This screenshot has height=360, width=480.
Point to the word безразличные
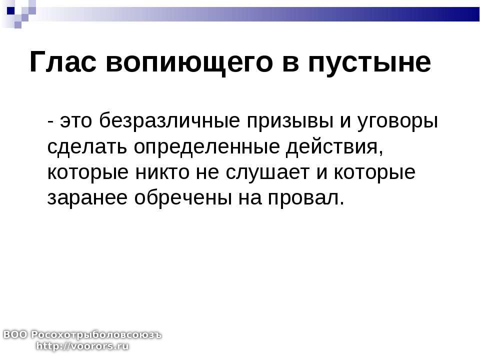(x=169, y=120)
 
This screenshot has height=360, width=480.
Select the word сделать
(x=87, y=147)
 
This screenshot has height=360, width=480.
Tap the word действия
(x=334, y=147)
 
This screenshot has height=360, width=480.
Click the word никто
(x=162, y=172)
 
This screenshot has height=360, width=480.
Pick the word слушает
(x=267, y=173)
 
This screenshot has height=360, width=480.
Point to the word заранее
(x=87, y=198)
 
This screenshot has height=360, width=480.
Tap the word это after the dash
(x=76, y=121)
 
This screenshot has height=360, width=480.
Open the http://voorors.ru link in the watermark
(x=82, y=346)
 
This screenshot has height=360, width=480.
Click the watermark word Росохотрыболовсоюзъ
(x=96, y=335)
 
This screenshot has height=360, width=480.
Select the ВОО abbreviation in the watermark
(x=15, y=334)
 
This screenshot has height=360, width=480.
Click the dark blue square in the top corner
(x=10, y=10)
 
